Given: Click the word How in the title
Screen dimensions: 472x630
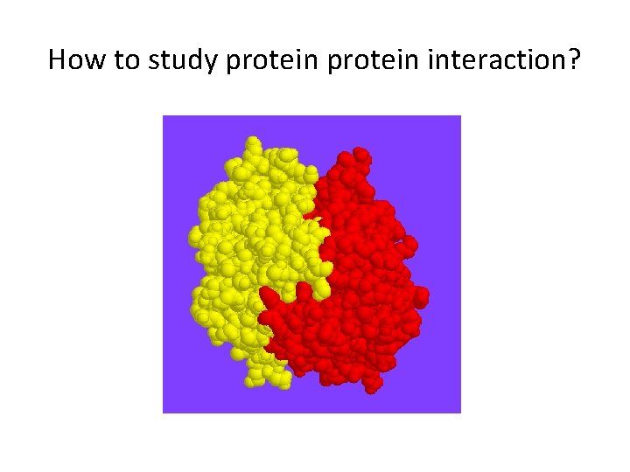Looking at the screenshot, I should pos(73,59).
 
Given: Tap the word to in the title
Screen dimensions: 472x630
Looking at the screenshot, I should pos(119,59).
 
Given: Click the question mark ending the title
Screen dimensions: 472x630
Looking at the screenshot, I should pos(574,59).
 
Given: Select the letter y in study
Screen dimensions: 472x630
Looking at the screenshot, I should pos(200,63).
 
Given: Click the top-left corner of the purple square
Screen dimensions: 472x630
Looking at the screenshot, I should pos(164,116).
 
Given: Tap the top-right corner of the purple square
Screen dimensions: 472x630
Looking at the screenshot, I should pos(460,116).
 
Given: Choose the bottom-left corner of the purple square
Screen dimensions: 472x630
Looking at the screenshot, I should pos(164,413).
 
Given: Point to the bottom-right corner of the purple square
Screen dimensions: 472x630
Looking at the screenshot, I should pos(460,413).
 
